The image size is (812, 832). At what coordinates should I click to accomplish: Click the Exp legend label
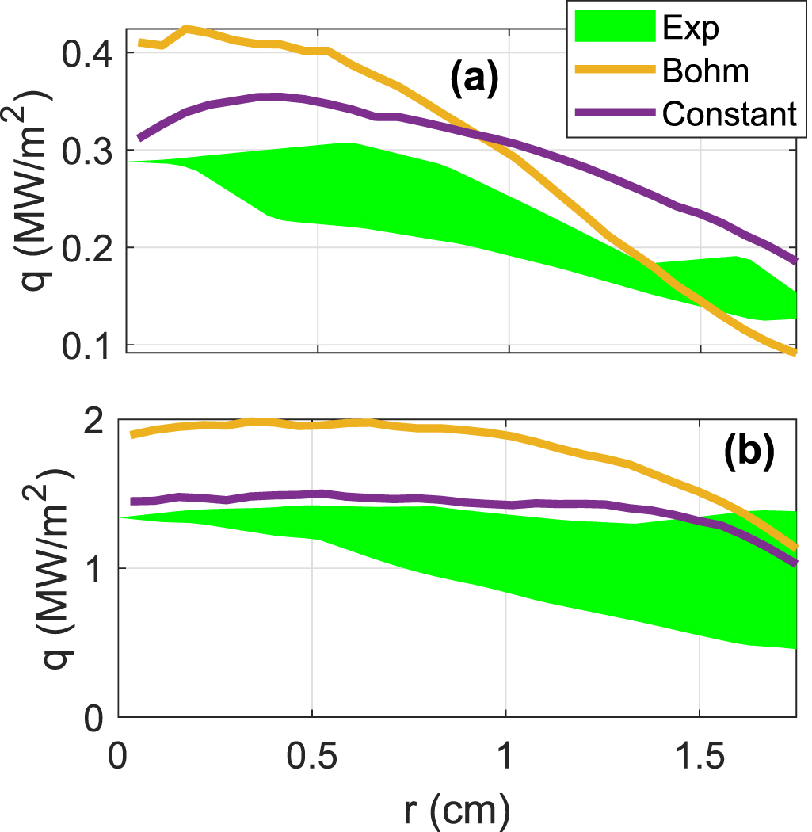click(x=688, y=29)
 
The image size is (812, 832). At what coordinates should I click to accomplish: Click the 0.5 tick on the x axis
click(x=312, y=749)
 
